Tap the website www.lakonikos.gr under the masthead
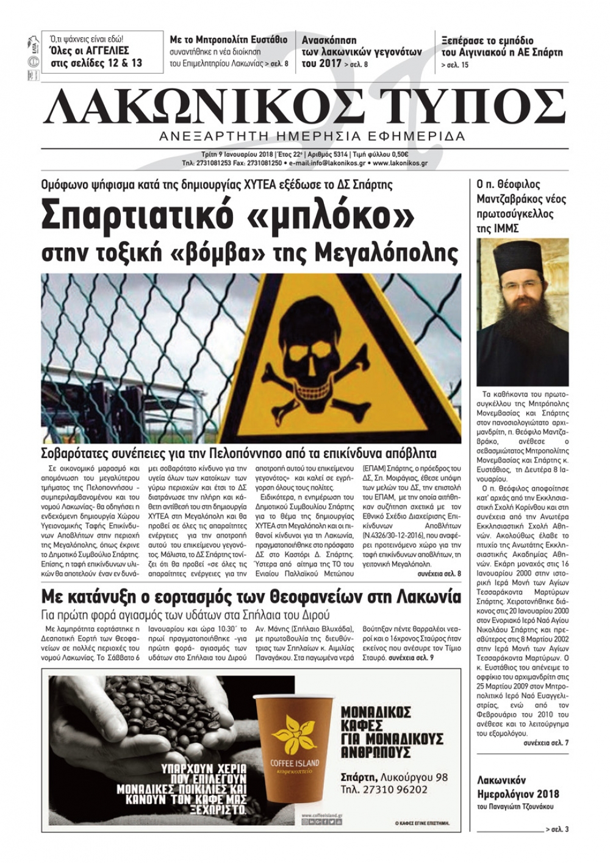coord(400,163)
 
